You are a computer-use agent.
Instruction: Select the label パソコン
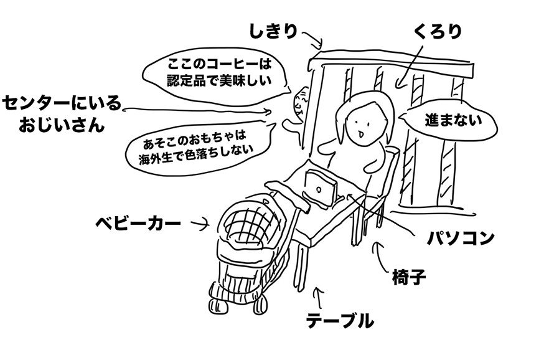[x=460, y=237]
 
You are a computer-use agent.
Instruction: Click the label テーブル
[x=340, y=321]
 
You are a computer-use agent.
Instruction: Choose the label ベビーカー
[x=138, y=222]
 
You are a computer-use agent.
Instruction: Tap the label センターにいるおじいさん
[x=61, y=113]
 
